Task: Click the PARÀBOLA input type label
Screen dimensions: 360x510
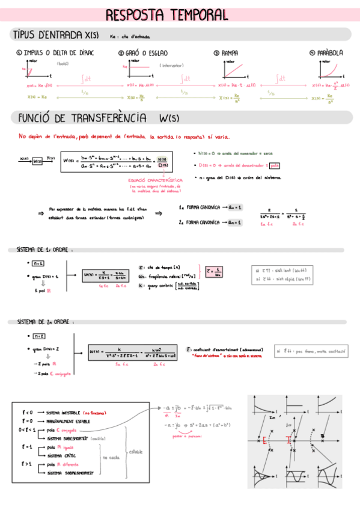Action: [x=330, y=53]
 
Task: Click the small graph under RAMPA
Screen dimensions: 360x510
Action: [x=232, y=70]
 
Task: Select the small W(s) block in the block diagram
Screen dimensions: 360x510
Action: [x=38, y=161]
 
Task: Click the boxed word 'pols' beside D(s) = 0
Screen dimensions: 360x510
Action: [x=275, y=165]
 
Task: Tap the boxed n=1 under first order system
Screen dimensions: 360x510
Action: [x=38, y=263]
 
